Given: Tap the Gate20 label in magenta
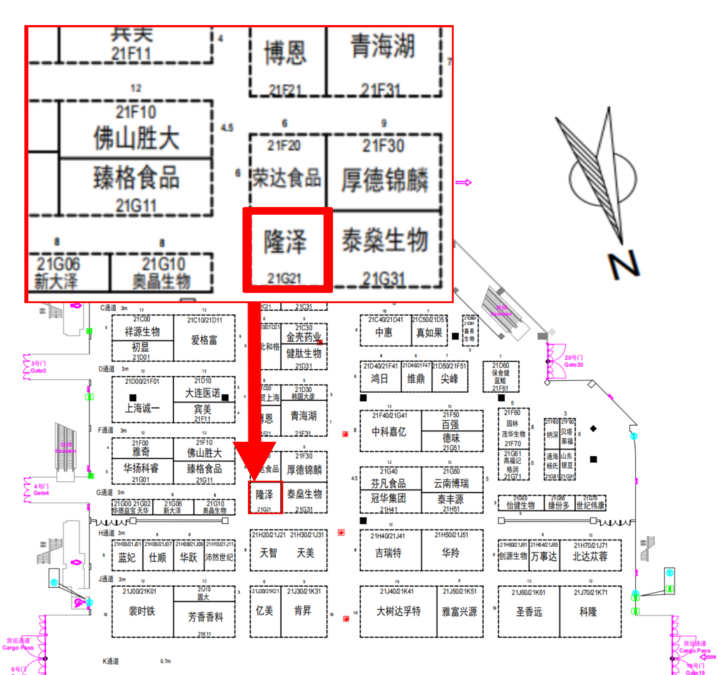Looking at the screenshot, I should click(x=573, y=361).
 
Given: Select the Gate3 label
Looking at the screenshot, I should click(x=38, y=367).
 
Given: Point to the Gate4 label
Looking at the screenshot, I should click(x=41, y=490).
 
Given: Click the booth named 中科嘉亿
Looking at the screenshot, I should click(x=389, y=432).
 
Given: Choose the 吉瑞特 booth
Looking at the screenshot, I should click(x=388, y=553).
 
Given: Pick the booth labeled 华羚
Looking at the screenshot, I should click(x=451, y=553).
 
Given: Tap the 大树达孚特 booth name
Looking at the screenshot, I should click(x=398, y=611).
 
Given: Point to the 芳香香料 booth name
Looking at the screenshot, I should click(x=205, y=617).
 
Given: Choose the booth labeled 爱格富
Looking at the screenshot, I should click(x=204, y=341).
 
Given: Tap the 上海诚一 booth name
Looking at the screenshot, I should click(x=142, y=408).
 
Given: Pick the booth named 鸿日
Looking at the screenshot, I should click(x=380, y=379).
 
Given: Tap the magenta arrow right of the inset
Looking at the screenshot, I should click(x=464, y=182).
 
